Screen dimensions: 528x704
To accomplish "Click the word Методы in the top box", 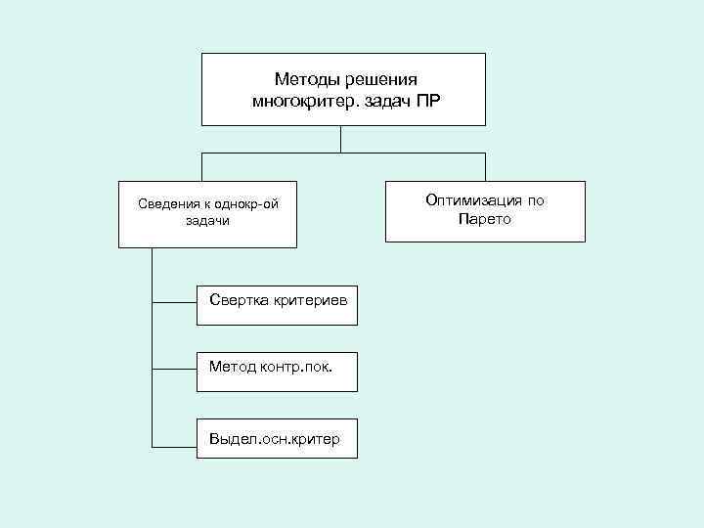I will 306,78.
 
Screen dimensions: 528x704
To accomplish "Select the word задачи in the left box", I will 206,221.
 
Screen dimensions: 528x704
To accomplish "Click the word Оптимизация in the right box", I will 470,200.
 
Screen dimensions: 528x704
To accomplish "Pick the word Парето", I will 485,219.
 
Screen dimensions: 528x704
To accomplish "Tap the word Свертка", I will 235,296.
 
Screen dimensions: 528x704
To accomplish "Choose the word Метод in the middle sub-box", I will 233,367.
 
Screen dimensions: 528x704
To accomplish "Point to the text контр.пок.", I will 296,367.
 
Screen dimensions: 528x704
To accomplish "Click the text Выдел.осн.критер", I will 275,439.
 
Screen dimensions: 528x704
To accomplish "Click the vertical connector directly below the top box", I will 341,139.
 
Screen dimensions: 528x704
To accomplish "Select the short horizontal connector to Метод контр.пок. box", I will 174,370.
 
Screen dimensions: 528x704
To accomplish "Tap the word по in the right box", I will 535,200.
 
